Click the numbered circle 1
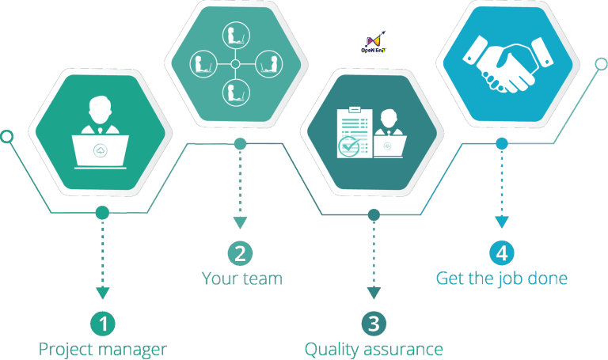coord(103,323)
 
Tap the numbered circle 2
coord(240,254)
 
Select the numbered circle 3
coord(373,323)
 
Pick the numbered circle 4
coord(502,253)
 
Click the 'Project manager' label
coord(103,349)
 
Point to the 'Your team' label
coord(241,279)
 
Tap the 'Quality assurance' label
coord(374,349)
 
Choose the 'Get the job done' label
coord(502,279)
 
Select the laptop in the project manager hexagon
coord(101,150)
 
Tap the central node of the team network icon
coord(235,64)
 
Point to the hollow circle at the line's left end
coord(6,137)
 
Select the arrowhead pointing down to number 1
coord(102,293)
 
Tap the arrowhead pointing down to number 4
coord(502,224)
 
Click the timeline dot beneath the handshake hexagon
coord(502,143)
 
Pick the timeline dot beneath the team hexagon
coord(240,143)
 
